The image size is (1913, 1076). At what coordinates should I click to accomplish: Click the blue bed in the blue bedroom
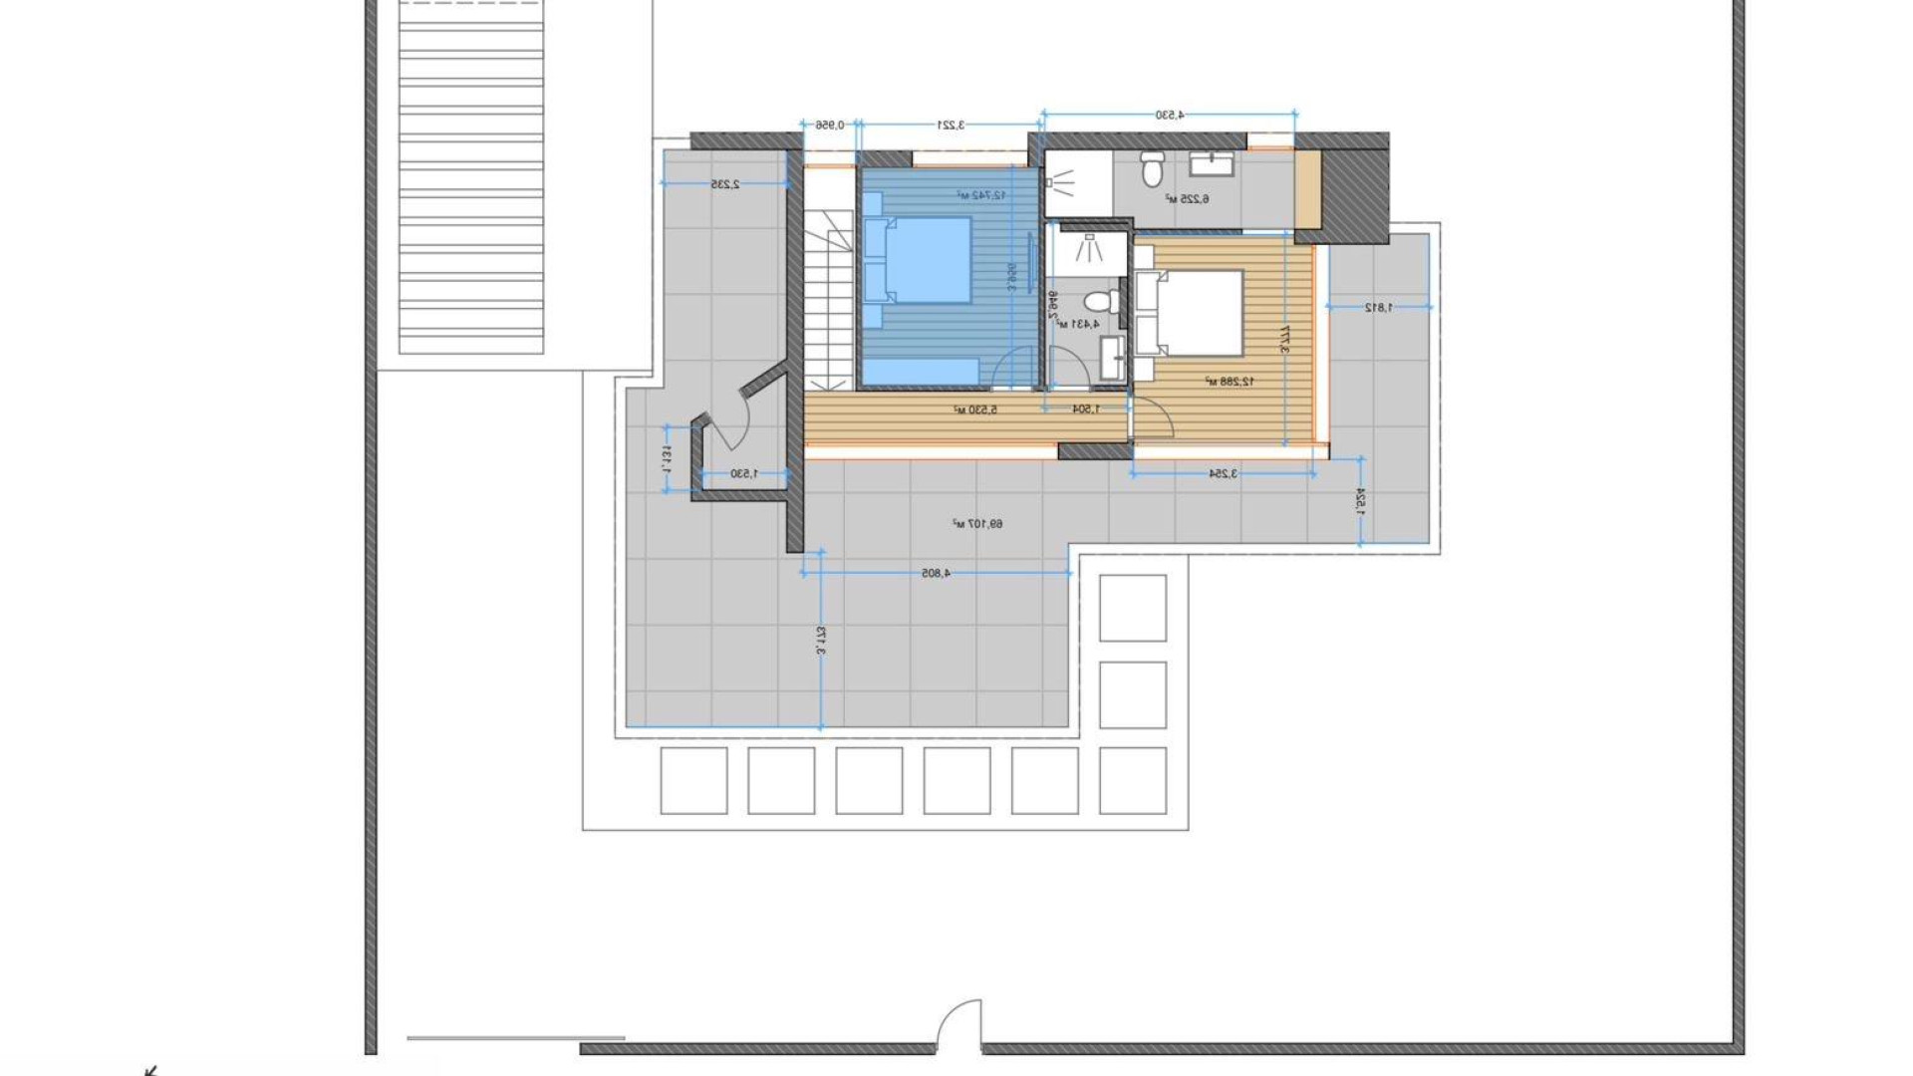pos(927,259)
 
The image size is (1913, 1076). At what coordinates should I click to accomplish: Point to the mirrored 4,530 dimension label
pos(1170,116)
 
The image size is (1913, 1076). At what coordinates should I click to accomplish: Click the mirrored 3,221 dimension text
pos(951,126)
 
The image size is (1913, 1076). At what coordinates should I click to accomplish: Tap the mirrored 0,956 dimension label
pos(830,126)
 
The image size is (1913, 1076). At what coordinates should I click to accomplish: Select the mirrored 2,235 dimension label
pos(724,185)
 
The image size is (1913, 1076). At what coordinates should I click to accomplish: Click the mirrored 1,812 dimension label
pos(1379,308)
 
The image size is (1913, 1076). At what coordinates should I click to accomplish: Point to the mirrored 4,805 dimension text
pos(936,574)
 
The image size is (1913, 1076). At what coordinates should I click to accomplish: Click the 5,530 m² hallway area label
pos(974,409)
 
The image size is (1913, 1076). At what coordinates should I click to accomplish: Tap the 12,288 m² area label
pos(1230,382)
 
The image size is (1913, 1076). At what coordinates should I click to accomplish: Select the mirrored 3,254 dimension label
pos(1223,474)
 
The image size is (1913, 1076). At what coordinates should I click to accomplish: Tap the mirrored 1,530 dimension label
pos(744,474)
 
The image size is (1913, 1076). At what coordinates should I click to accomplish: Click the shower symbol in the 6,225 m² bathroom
pos(1061,181)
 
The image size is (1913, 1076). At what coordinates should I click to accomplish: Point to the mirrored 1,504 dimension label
pos(1086,409)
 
